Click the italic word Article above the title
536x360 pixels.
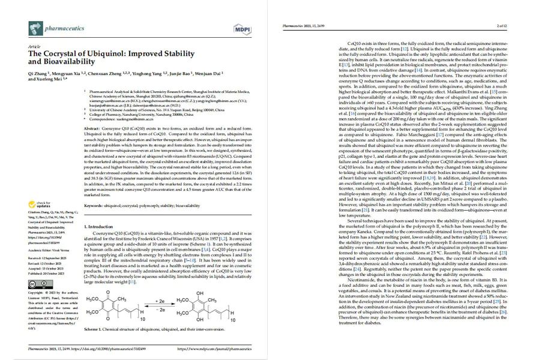(34, 46)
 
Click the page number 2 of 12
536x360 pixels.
(502, 26)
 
